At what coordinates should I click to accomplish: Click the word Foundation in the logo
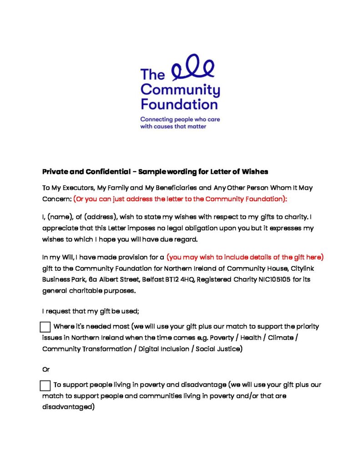(x=179, y=104)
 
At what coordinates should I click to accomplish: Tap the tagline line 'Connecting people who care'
(x=180, y=119)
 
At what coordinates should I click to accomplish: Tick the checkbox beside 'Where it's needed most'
(x=45, y=327)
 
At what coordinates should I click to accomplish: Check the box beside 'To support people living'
(x=45, y=385)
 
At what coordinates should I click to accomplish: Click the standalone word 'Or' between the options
(x=46, y=370)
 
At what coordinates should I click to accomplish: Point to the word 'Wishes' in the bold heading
(x=255, y=172)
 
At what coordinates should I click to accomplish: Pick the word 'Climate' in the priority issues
(x=282, y=338)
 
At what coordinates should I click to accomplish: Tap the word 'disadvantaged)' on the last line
(x=68, y=407)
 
